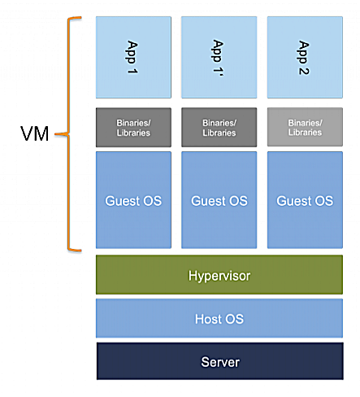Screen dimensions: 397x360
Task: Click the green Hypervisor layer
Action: click(219, 275)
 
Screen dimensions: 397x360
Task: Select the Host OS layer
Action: click(219, 318)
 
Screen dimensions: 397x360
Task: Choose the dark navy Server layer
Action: click(219, 360)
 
